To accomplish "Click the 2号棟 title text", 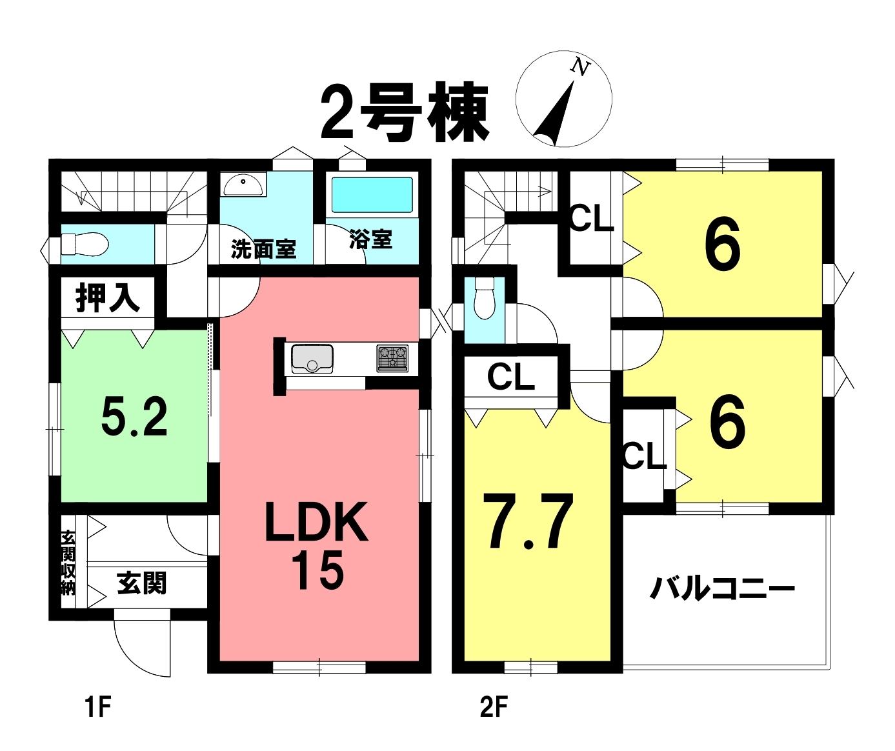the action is pyautogui.click(x=405, y=112).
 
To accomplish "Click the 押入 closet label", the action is pyautogui.click(x=108, y=298).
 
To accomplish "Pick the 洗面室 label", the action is pyautogui.click(x=264, y=249).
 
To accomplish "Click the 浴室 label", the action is pyautogui.click(x=371, y=239).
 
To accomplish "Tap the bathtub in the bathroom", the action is pyautogui.click(x=372, y=195).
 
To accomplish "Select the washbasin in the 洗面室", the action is pyautogui.click(x=243, y=185).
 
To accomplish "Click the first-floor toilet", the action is pyautogui.click(x=85, y=245).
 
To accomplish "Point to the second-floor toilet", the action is pyautogui.click(x=485, y=297).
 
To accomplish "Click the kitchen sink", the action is pyautogui.click(x=312, y=359).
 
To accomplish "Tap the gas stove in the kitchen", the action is pyautogui.click(x=392, y=358).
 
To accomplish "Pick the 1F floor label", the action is pyautogui.click(x=99, y=707).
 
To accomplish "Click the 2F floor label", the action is pyautogui.click(x=494, y=707).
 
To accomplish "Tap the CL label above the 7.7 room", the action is pyautogui.click(x=511, y=377).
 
